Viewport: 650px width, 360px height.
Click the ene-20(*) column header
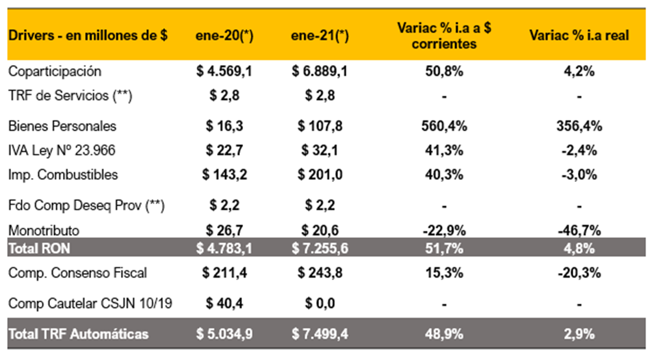coord(224,36)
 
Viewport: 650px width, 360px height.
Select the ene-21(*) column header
coord(320,36)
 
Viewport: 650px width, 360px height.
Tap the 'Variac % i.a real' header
coord(579,36)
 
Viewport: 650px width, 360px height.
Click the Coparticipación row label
coord(55,71)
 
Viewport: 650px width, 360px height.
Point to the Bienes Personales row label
coord(62,126)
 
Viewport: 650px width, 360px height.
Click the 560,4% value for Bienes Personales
coord(445,126)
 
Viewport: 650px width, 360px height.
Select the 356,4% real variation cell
coord(579,126)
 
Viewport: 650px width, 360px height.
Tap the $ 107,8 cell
coord(320,126)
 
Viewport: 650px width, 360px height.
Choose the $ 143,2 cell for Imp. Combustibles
coord(224,175)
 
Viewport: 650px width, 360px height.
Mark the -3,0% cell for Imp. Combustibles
coord(579,175)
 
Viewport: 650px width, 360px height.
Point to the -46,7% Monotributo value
coord(579,230)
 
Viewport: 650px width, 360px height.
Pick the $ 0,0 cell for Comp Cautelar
coord(320,303)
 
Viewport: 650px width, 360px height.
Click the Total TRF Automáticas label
coord(78,334)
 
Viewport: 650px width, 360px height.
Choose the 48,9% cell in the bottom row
coord(445,334)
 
